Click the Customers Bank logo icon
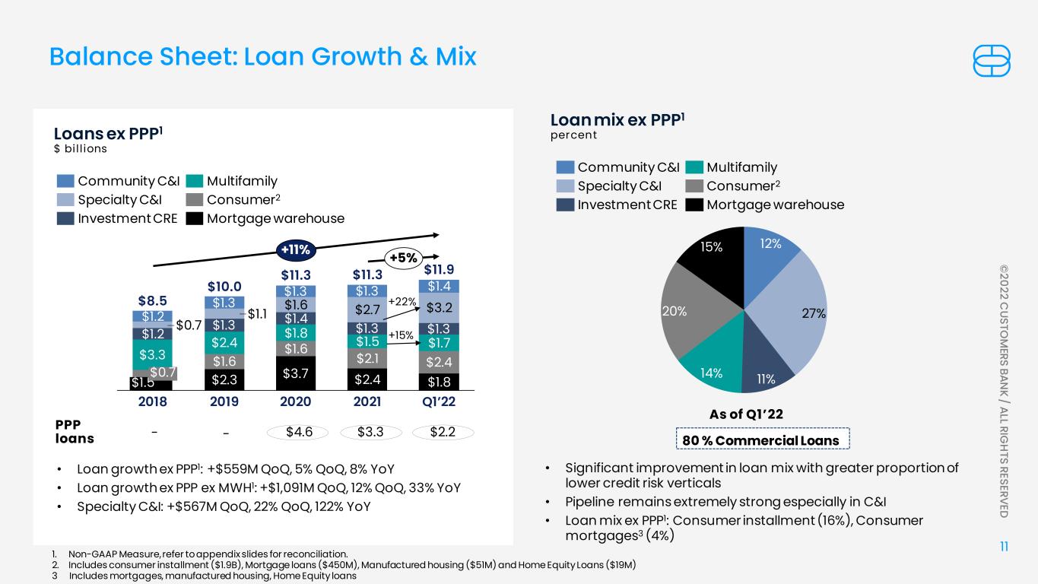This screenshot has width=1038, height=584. [991, 61]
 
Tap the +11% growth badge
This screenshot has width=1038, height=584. [296, 250]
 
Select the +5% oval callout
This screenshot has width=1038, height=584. [403, 258]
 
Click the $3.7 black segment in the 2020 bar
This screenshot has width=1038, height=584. [296, 373]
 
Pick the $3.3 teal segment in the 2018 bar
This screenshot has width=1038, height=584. [152, 354]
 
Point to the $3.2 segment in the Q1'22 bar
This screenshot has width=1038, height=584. [439, 308]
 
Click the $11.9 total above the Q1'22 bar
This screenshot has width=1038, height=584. [439, 269]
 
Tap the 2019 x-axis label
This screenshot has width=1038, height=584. [224, 401]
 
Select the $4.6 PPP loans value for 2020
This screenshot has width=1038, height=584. [298, 432]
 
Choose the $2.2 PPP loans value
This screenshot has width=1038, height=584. [443, 432]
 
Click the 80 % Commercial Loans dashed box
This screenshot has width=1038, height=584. [762, 439]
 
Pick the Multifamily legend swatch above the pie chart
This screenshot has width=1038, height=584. [694, 167]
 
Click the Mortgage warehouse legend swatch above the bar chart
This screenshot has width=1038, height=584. [195, 218]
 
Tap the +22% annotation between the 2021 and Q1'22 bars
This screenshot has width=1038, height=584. [402, 302]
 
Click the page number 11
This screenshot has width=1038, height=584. [1005, 547]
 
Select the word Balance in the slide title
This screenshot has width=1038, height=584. [100, 56]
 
